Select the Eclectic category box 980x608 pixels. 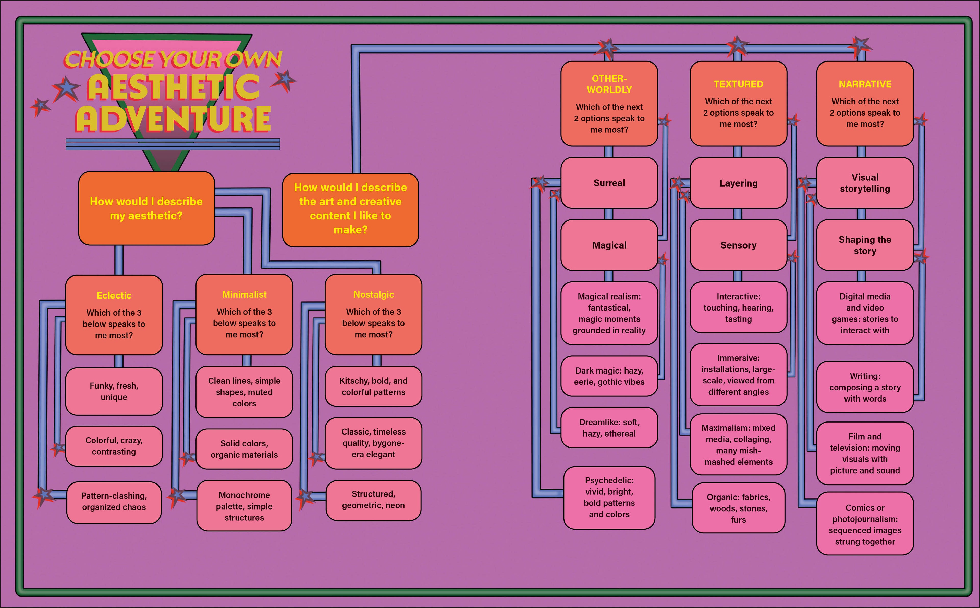(114, 315)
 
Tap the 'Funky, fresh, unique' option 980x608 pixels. (114, 391)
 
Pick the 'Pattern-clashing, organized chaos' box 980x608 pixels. (114, 502)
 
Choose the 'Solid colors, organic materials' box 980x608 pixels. (244, 449)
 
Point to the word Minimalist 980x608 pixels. (244, 295)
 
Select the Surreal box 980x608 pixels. (609, 183)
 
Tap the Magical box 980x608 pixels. (609, 245)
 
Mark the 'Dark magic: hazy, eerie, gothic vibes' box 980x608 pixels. (609, 376)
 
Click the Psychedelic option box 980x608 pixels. (609, 498)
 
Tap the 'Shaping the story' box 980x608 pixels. (865, 245)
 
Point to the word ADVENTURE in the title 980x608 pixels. (173, 119)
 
